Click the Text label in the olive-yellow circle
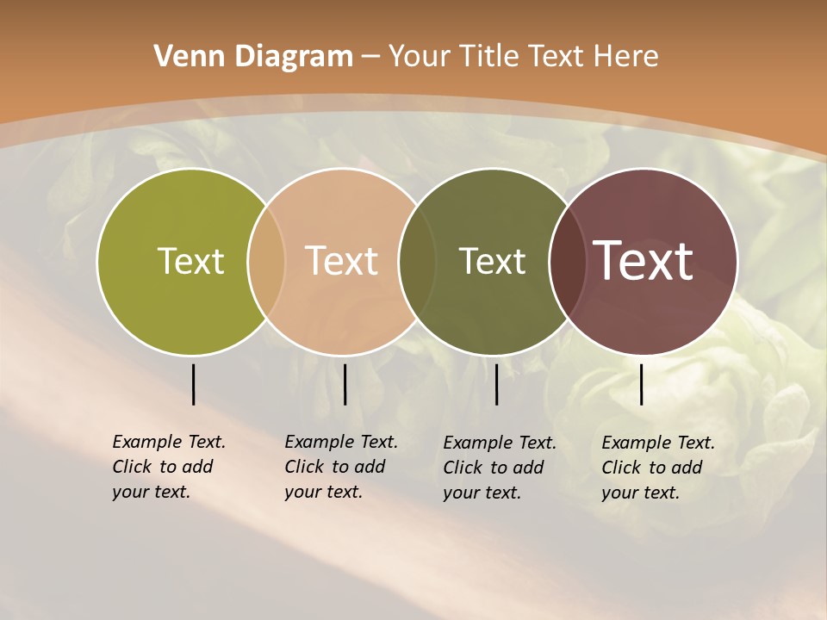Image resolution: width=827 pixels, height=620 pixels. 190,261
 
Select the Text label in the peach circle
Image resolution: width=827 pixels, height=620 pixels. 342,261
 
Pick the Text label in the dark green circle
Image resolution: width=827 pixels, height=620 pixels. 492,261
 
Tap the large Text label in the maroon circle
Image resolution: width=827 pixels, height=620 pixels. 644,261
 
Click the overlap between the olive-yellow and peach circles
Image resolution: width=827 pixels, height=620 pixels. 266,261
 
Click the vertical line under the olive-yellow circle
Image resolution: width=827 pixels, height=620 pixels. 193,384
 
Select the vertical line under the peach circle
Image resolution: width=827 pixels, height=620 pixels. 345,384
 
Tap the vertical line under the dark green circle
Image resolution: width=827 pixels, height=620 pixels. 496,384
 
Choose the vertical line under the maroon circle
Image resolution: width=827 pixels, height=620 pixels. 642,384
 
